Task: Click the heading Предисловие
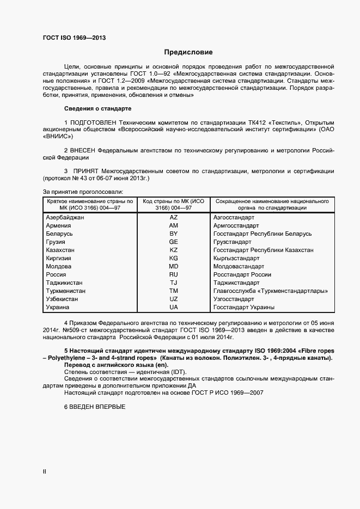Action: (x=188, y=52)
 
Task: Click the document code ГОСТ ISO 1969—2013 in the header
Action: (x=74, y=38)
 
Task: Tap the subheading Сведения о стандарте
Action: (x=98, y=108)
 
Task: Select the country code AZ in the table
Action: (x=174, y=217)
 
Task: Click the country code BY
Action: (x=174, y=234)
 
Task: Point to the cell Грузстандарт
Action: (x=233, y=242)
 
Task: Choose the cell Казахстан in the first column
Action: (x=60, y=250)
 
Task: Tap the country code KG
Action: (x=174, y=258)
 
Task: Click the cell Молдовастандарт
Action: (x=239, y=267)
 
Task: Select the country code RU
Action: (x=174, y=275)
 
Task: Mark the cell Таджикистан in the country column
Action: (x=64, y=283)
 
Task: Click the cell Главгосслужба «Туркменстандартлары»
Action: (x=271, y=291)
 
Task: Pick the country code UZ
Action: (x=174, y=299)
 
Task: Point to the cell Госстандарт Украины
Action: (x=243, y=308)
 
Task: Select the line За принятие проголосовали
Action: (x=83, y=192)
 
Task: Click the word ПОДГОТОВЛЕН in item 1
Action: (x=97, y=121)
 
